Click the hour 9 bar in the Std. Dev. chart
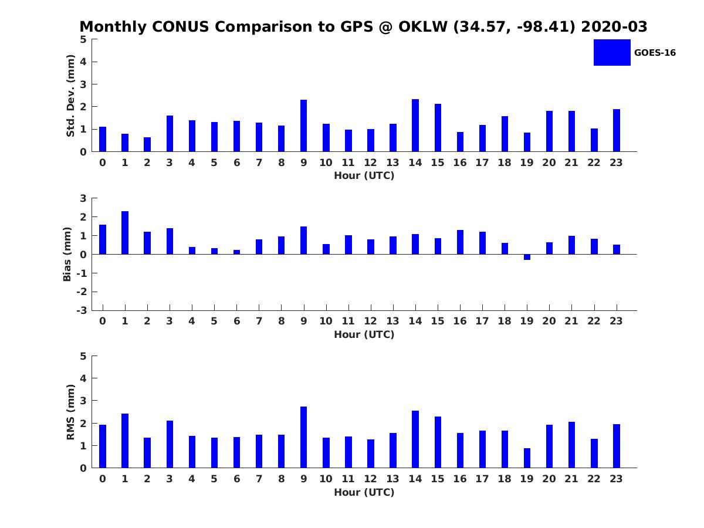coord(303,126)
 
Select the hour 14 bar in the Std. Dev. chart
coord(415,126)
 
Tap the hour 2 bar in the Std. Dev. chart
coord(147,144)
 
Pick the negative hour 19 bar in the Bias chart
coord(527,257)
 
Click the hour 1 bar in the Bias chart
coord(125,233)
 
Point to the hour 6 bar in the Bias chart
coord(236,252)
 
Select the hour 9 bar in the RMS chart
coord(303,437)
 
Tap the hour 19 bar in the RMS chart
coord(527,458)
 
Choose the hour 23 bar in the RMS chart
coord(617,446)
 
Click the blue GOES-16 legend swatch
coord(612,53)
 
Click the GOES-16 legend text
coord(655,53)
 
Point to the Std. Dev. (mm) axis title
coord(70,96)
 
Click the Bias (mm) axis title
coord(67,254)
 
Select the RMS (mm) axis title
coord(70,412)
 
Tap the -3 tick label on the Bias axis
coord(82,310)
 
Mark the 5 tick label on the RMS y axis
coord(83,356)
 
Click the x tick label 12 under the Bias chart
coord(370,321)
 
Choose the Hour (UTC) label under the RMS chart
coord(364,492)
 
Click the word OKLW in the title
coord(423,26)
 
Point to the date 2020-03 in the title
coord(614,26)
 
